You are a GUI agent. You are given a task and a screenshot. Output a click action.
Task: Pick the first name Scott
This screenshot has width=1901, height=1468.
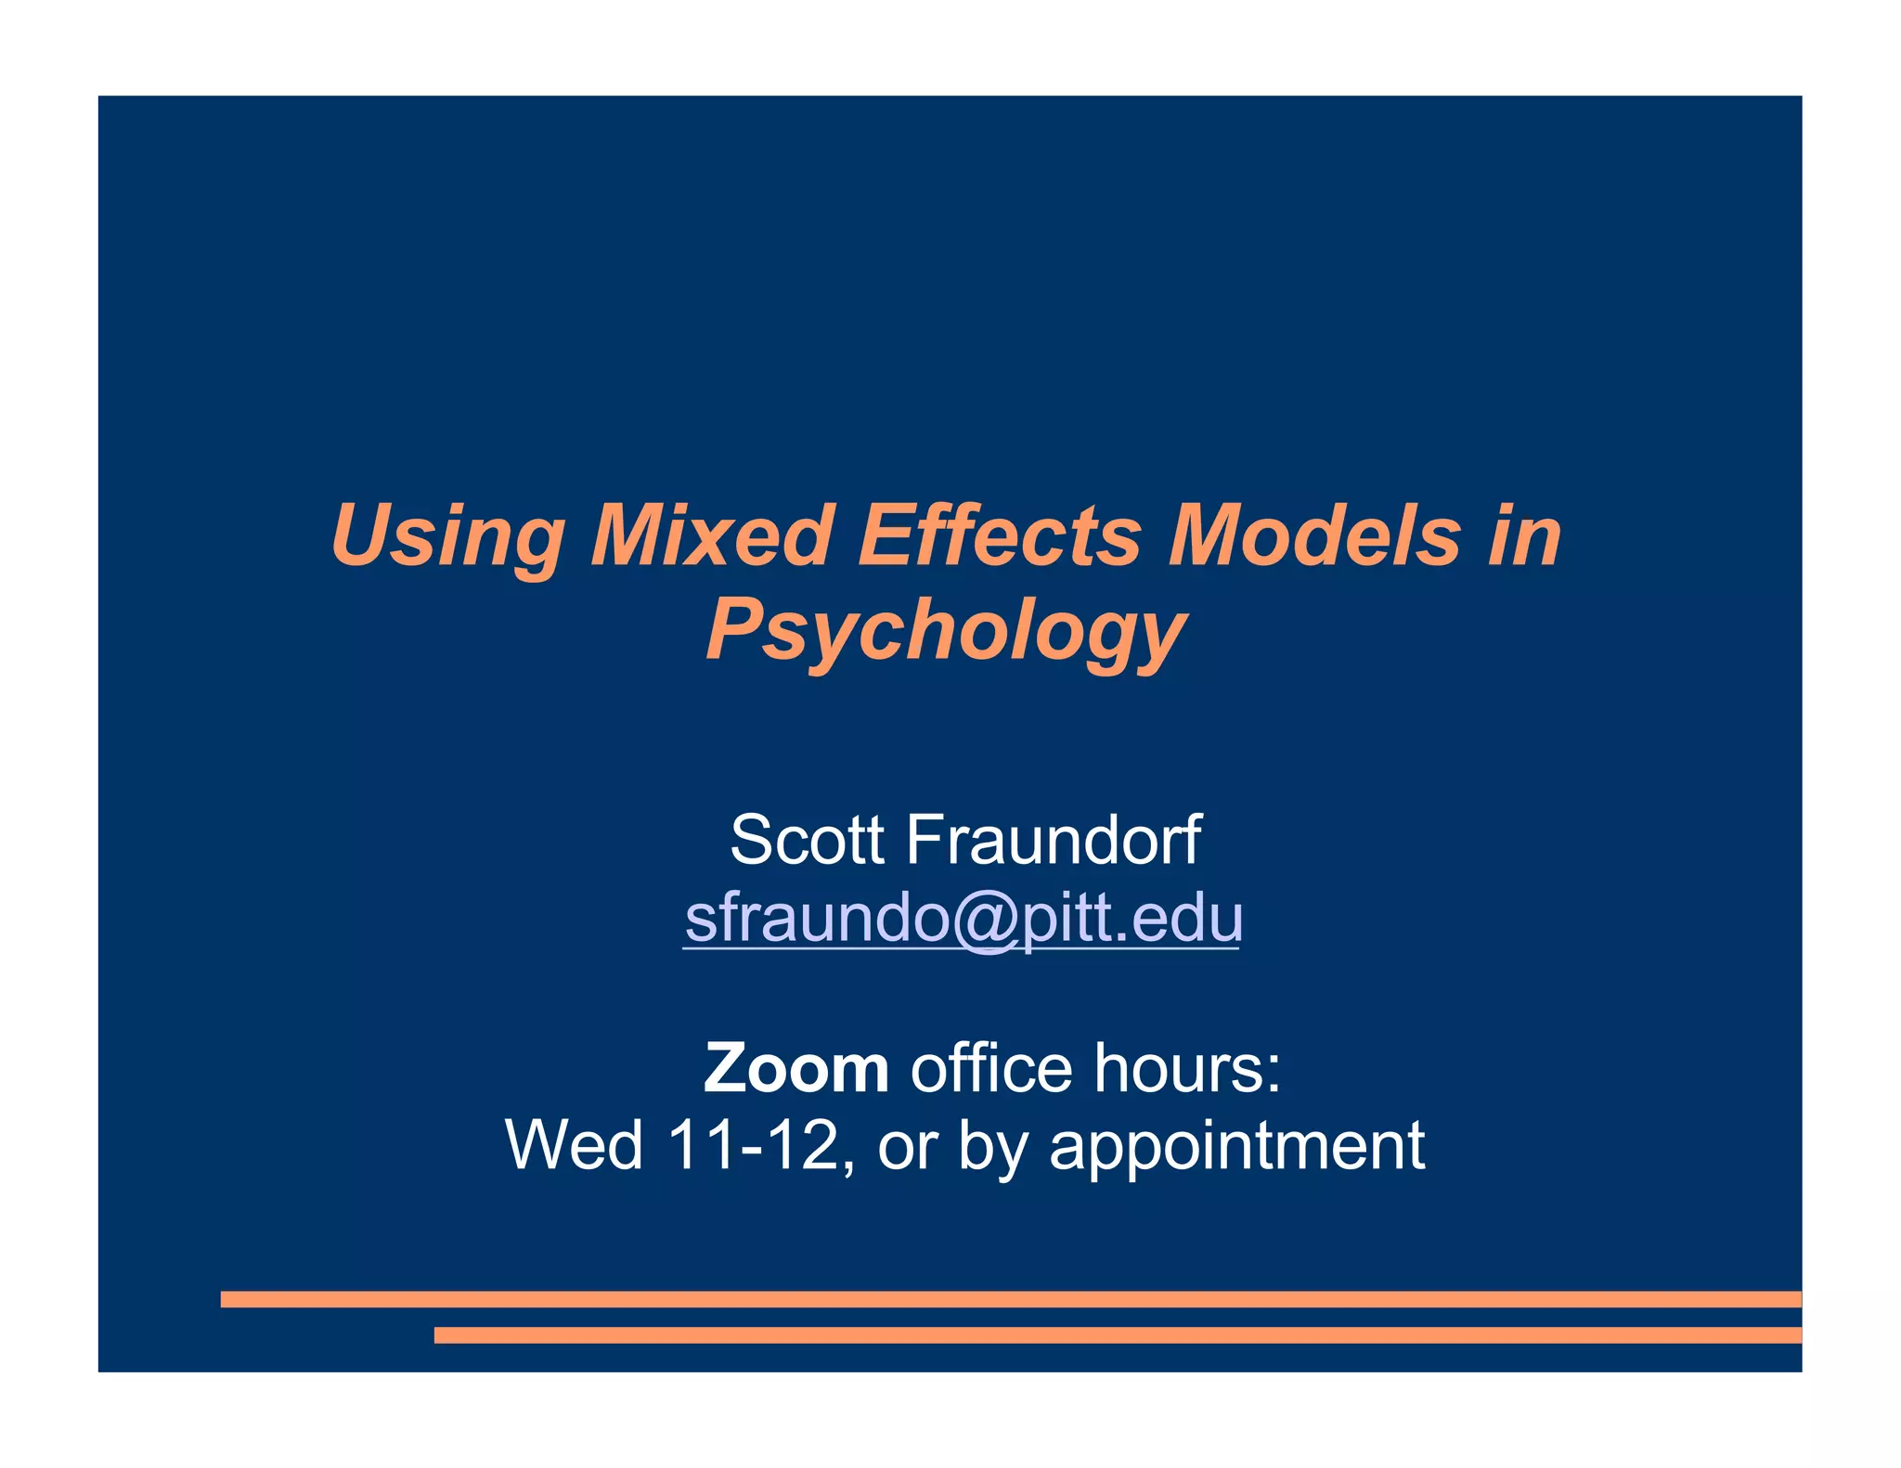click(x=807, y=840)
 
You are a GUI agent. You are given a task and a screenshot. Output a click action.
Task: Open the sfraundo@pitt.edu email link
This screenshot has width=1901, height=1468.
click(x=963, y=919)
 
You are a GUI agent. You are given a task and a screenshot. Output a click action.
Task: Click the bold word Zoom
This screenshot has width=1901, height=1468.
click(x=796, y=1069)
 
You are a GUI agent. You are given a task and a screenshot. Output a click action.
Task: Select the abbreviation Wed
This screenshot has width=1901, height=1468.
click(x=574, y=1145)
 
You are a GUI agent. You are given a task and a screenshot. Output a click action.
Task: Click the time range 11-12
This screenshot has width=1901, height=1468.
click(x=754, y=1145)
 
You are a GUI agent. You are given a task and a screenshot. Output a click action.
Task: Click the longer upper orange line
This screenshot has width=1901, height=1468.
click(x=1010, y=1299)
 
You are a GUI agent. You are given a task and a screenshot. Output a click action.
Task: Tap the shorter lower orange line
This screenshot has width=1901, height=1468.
click(x=1117, y=1335)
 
